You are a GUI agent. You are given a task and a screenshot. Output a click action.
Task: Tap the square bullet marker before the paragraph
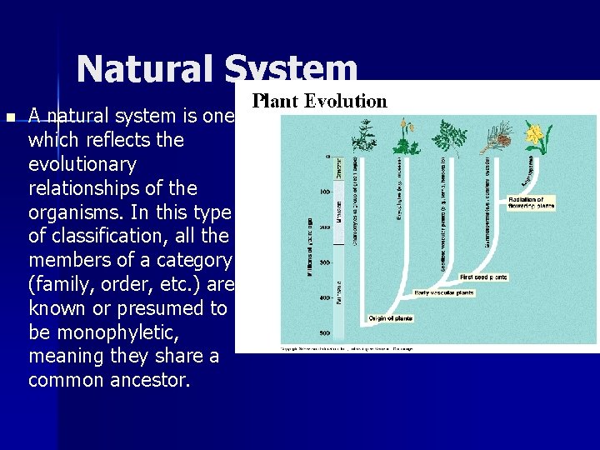[9, 116]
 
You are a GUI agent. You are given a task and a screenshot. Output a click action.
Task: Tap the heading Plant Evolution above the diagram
[320, 102]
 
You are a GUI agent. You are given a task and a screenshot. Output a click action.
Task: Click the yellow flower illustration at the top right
[534, 135]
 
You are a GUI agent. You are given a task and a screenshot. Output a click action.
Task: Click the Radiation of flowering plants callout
[531, 204]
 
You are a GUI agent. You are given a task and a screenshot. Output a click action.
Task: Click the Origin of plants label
[391, 318]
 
